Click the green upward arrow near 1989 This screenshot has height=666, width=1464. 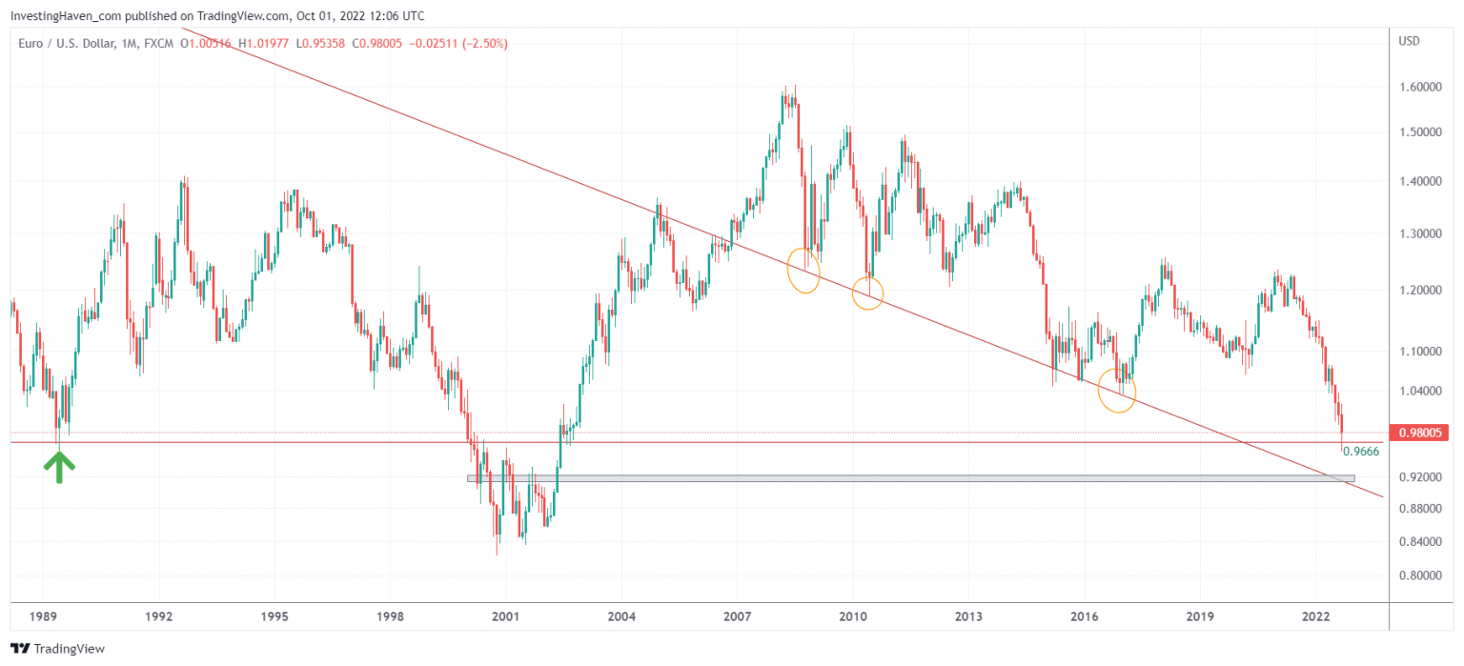coord(59,466)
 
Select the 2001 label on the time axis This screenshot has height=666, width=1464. coord(505,616)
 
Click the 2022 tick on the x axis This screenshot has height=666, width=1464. coord(1316,616)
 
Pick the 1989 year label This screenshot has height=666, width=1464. coord(43,616)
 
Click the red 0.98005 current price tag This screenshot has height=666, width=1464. coord(1419,433)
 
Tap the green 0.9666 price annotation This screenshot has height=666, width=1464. coord(1361,452)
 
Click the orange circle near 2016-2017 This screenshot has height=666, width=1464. coord(1117,391)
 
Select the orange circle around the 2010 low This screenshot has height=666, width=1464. coord(868,293)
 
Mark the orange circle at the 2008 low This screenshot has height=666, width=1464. coord(804,271)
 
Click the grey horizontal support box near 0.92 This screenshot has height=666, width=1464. coord(910,478)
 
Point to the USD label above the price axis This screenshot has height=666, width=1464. coord(1410,41)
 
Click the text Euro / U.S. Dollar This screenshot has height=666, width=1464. coord(67,43)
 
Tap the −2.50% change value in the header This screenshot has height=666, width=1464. coord(485,43)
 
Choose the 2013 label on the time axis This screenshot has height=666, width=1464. coord(968,616)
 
